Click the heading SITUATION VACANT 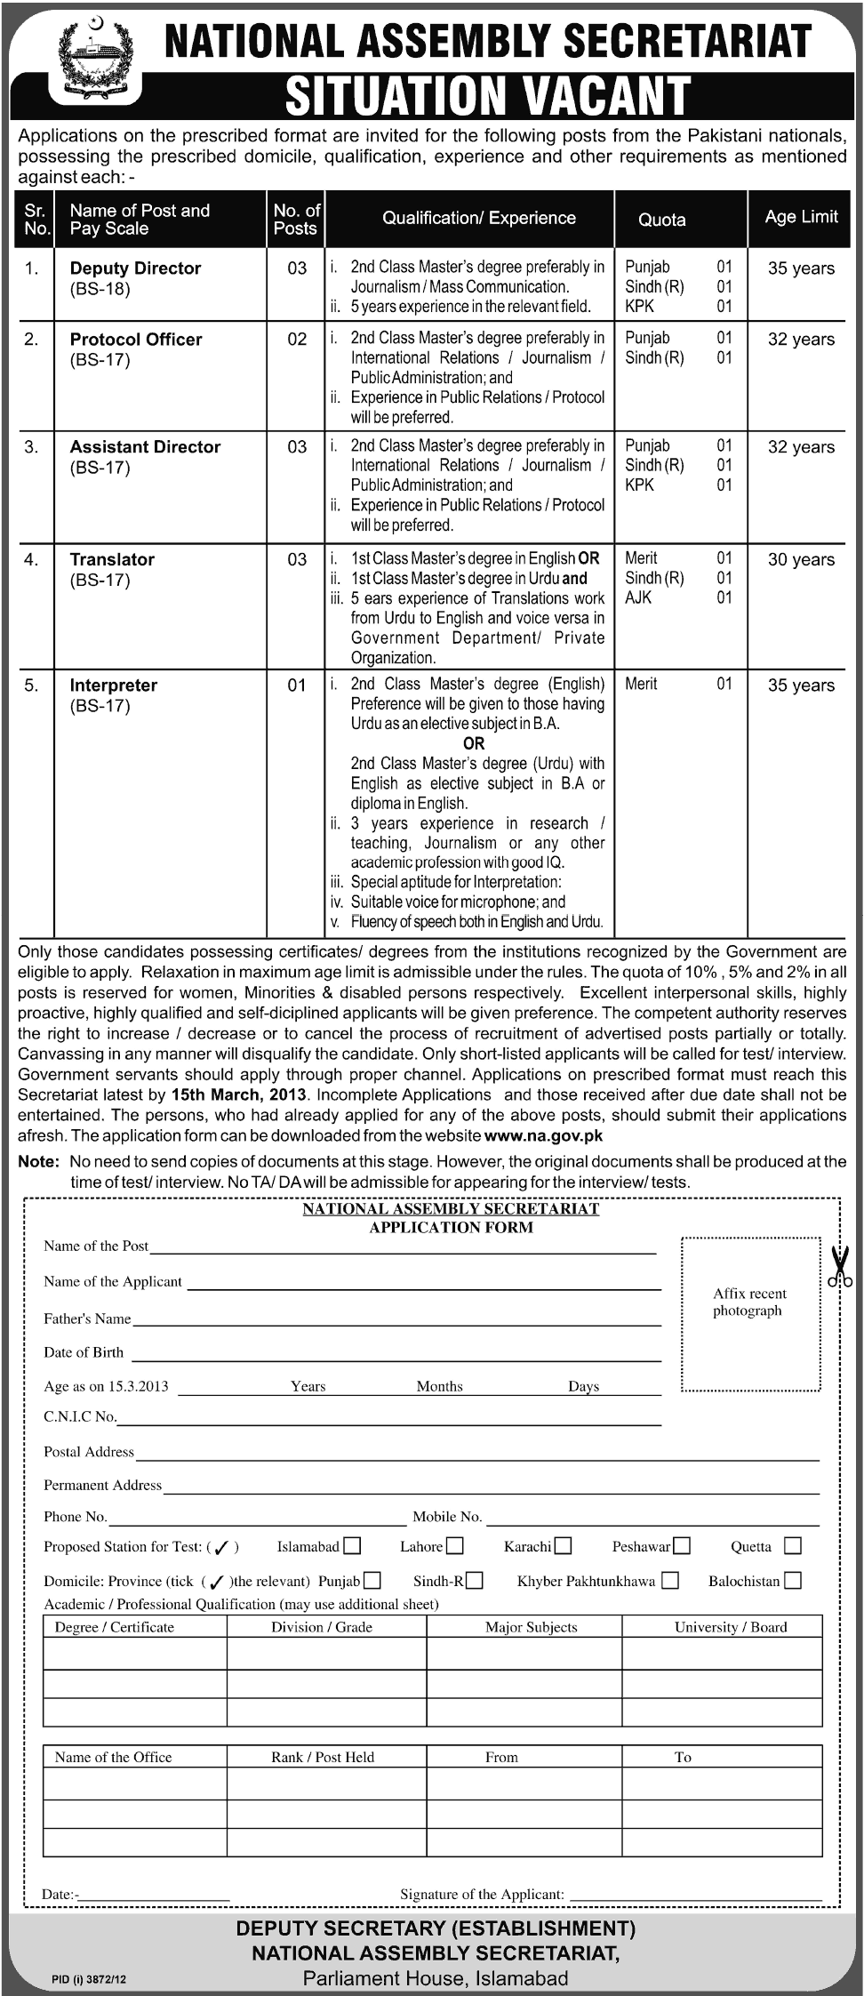pyautogui.click(x=487, y=95)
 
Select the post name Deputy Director pyautogui.click(x=135, y=269)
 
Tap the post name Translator pyautogui.click(x=112, y=560)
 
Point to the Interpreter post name pyautogui.click(x=114, y=685)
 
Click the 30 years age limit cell pyautogui.click(x=801, y=560)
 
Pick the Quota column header pyautogui.click(x=662, y=220)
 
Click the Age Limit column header pyautogui.click(x=801, y=217)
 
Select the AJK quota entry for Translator pyautogui.click(x=638, y=597)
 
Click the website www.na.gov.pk pyautogui.click(x=543, y=1135)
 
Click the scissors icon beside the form pyautogui.click(x=840, y=1268)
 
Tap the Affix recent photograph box pyautogui.click(x=750, y=1313)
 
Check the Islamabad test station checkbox pyautogui.click(x=352, y=1546)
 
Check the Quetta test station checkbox pyautogui.click(x=793, y=1546)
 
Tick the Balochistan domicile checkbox pyautogui.click(x=793, y=1580)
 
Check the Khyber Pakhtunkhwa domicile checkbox pyautogui.click(x=671, y=1580)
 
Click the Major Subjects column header pyautogui.click(x=531, y=1627)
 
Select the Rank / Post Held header pyautogui.click(x=323, y=1757)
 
